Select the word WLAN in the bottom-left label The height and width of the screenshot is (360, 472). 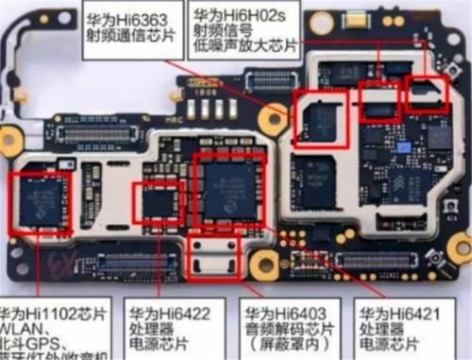21,329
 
